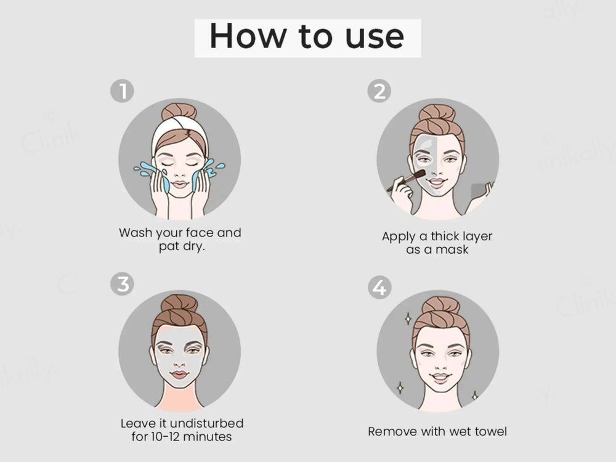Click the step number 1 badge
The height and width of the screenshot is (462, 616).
pos(122,91)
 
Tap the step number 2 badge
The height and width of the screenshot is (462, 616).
pos(379,91)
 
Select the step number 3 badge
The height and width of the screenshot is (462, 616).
pos(122,284)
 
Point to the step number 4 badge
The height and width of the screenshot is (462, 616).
pos(379,287)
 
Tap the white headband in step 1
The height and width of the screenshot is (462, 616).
pos(179,132)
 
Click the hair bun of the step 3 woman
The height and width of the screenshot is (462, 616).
pos(179,304)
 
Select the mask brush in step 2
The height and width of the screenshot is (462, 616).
pos(407,180)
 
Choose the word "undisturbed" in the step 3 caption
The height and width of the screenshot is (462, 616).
pos(206,424)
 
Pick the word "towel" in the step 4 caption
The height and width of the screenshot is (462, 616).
pos(491,432)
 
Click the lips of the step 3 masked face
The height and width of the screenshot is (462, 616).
pos(179,375)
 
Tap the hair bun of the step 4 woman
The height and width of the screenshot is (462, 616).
pos(441,306)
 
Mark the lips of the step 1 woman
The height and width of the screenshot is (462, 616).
pos(179,184)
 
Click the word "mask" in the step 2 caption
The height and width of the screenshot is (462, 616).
pos(452,249)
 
